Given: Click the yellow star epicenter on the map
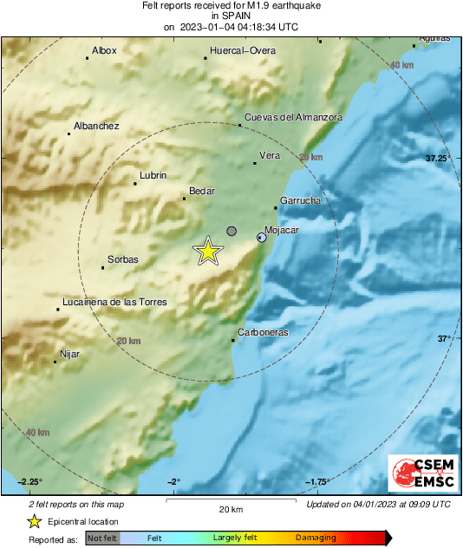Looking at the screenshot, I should (x=208, y=251).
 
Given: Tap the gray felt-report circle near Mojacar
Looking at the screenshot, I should (x=231, y=231).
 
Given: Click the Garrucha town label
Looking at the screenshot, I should (x=301, y=200).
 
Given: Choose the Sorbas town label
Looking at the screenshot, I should (x=123, y=259).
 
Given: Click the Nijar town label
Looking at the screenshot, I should (x=69, y=353).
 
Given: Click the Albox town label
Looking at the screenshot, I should (x=104, y=50).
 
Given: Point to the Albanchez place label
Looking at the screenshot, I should (x=96, y=126).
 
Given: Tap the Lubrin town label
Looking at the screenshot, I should (x=153, y=176).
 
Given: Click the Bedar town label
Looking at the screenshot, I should (x=201, y=191).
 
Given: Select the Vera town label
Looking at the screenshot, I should (x=271, y=155).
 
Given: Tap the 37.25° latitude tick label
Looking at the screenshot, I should (x=438, y=159).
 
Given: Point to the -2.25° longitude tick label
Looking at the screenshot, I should (x=30, y=482).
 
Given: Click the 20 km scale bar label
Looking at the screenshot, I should (x=231, y=508).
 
